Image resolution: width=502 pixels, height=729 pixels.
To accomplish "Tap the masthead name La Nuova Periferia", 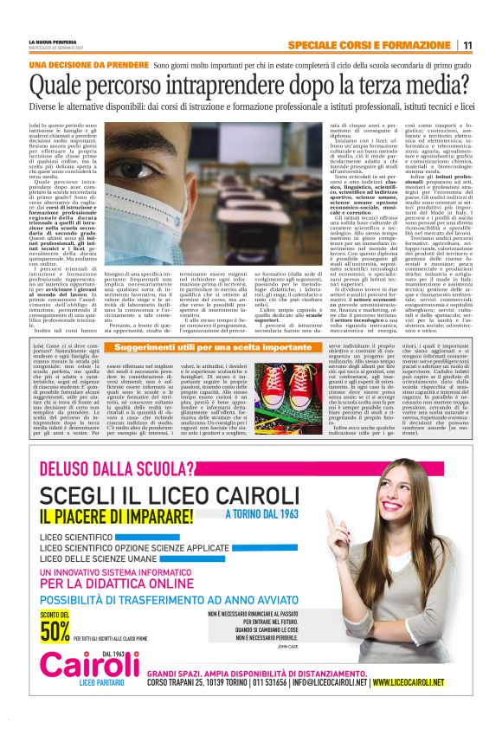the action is tap(53, 40).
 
